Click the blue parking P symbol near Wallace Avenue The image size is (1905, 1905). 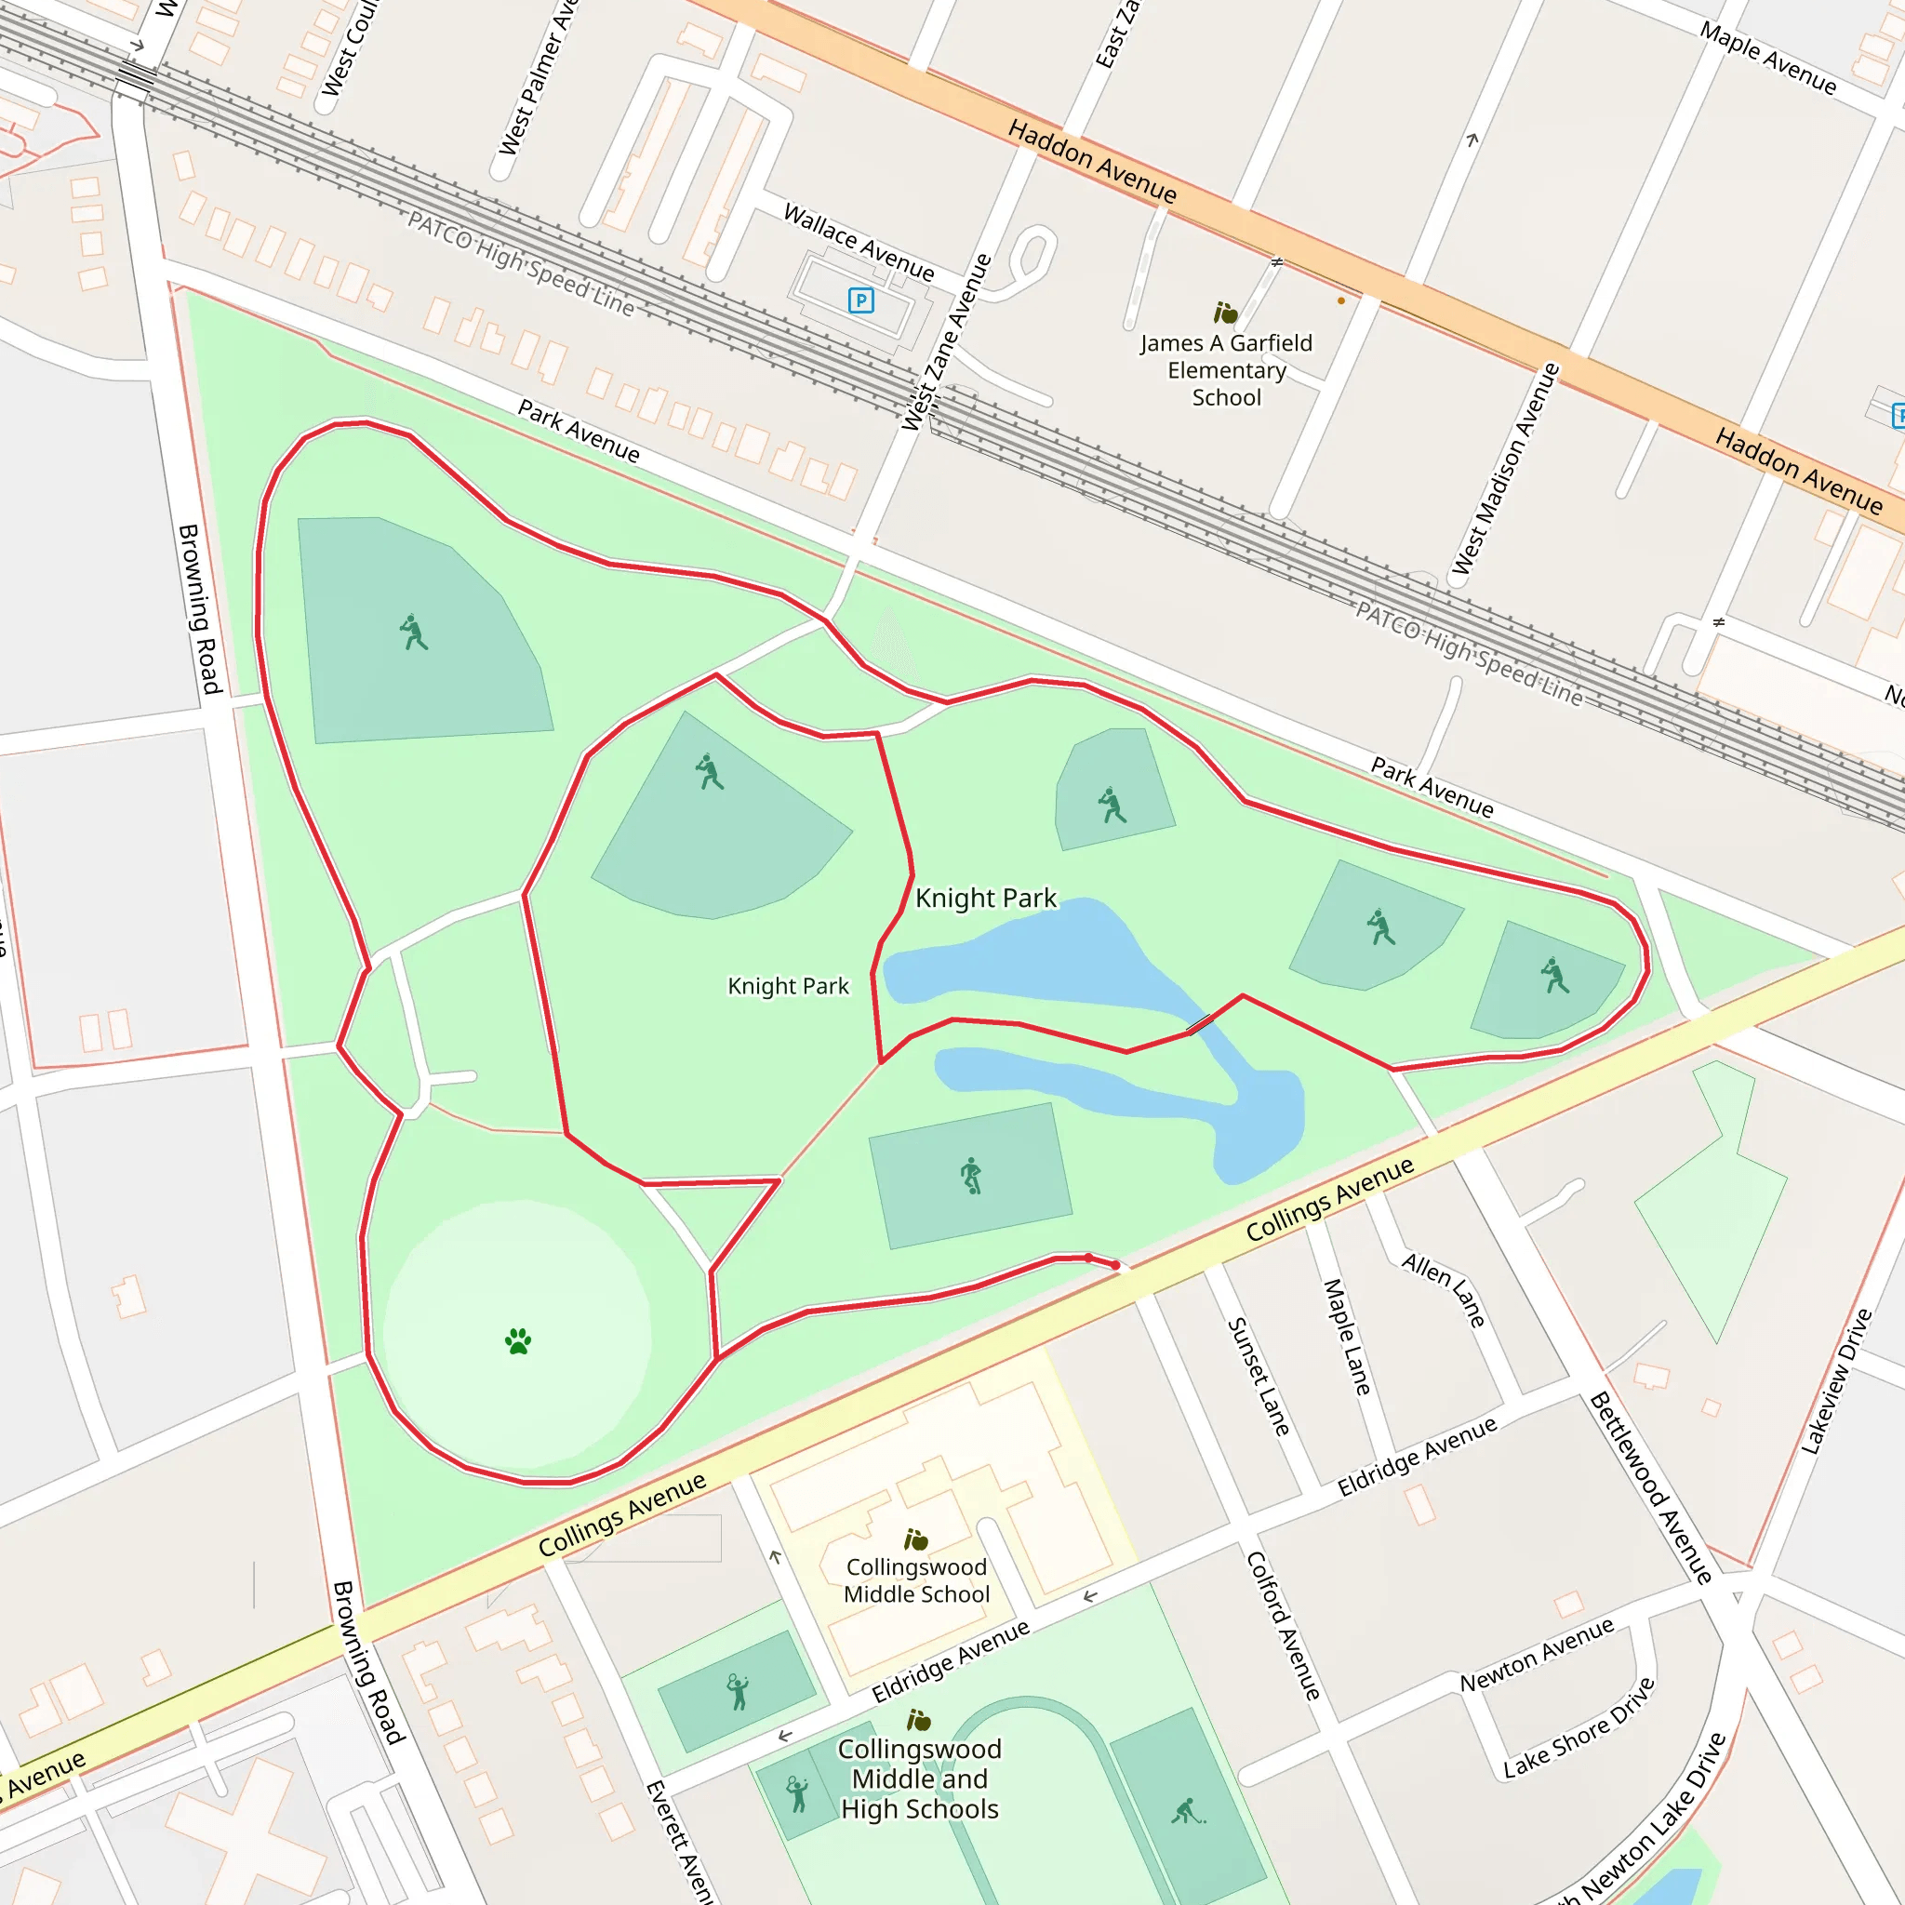pyautogui.click(x=860, y=300)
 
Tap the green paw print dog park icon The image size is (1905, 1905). pyautogui.click(x=518, y=1341)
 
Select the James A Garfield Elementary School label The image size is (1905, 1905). pyautogui.click(x=1227, y=370)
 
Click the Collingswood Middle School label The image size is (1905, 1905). pyautogui.click(x=916, y=1580)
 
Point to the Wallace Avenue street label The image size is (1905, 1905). pyautogui.click(x=859, y=242)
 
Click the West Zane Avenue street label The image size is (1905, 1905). pyautogui.click(x=946, y=342)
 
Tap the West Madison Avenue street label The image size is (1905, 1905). pyautogui.click(x=1506, y=469)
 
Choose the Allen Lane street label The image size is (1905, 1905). pyautogui.click(x=1444, y=1288)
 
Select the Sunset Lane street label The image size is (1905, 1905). pyautogui.click(x=1259, y=1377)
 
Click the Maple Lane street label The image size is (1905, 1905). pyautogui.click(x=1347, y=1337)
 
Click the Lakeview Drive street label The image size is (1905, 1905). pyautogui.click(x=1836, y=1380)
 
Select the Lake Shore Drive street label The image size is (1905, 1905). pyautogui.click(x=1579, y=1727)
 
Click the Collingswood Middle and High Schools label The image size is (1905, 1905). pyautogui.click(x=919, y=1778)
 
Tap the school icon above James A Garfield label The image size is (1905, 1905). pyautogui.click(x=1225, y=313)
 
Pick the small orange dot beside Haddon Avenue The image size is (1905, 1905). pyautogui.click(x=1341, y=300)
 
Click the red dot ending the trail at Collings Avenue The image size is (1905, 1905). pyautogui.click(x=1115, y=1265)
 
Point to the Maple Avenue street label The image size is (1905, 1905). pyautogui.click(x=1768, y=60)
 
